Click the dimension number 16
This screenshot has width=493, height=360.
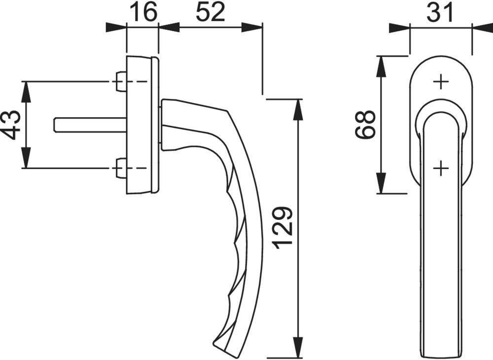click(x=142, y=12)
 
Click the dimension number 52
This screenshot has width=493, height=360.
click(x=210, y=12)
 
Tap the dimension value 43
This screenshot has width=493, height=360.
click(x=10, y=125)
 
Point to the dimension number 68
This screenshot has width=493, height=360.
click(x=365, y=125)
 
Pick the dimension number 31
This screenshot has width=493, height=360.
click(x=440, y=12)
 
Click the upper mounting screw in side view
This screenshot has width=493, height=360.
click(x=120, y=81)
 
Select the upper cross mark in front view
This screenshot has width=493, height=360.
click(x=441, y=82)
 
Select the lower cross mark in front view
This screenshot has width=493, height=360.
click(x=441, y=169)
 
